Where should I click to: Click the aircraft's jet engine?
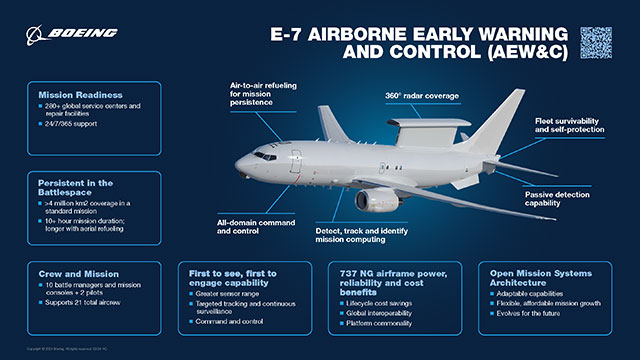tap(377, 200)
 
